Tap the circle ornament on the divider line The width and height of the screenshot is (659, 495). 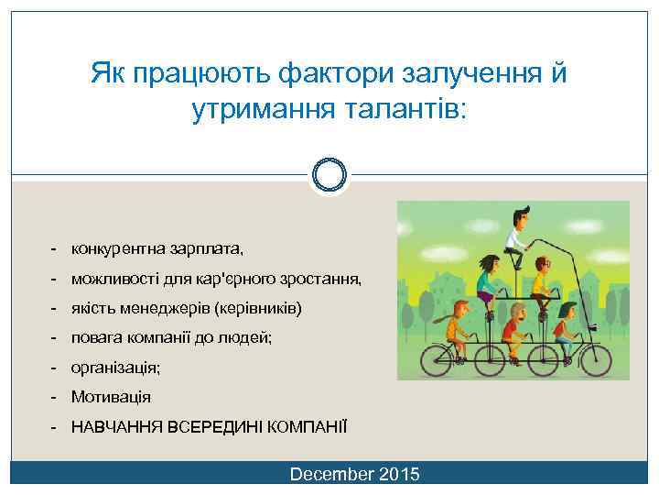(329, 174)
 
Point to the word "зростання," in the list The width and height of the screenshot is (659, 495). (323, 279)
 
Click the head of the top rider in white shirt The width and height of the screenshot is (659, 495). (520, 218)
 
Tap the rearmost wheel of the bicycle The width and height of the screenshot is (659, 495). (446, 357)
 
